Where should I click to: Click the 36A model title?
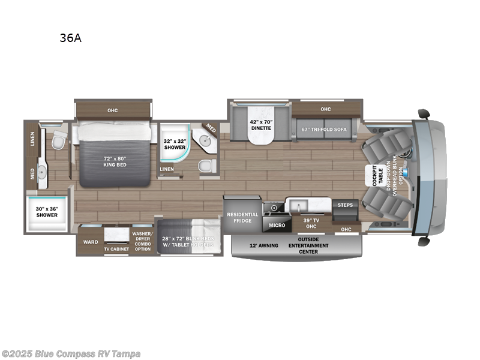[x=70, y=38]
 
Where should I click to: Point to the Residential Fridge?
[x=242, y=217]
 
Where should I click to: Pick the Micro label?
[x=276, y=225]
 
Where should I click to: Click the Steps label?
[x=346, y=205]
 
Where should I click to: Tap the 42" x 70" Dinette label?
[x=261, y=125]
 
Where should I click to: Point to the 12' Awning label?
[x=263, y=245]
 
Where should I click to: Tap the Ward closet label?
[x=91, y=242]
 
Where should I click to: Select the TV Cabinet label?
[x=116, y=248]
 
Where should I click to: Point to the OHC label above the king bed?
[x=112, y=110]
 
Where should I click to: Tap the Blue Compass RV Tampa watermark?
[x=71, y=353]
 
